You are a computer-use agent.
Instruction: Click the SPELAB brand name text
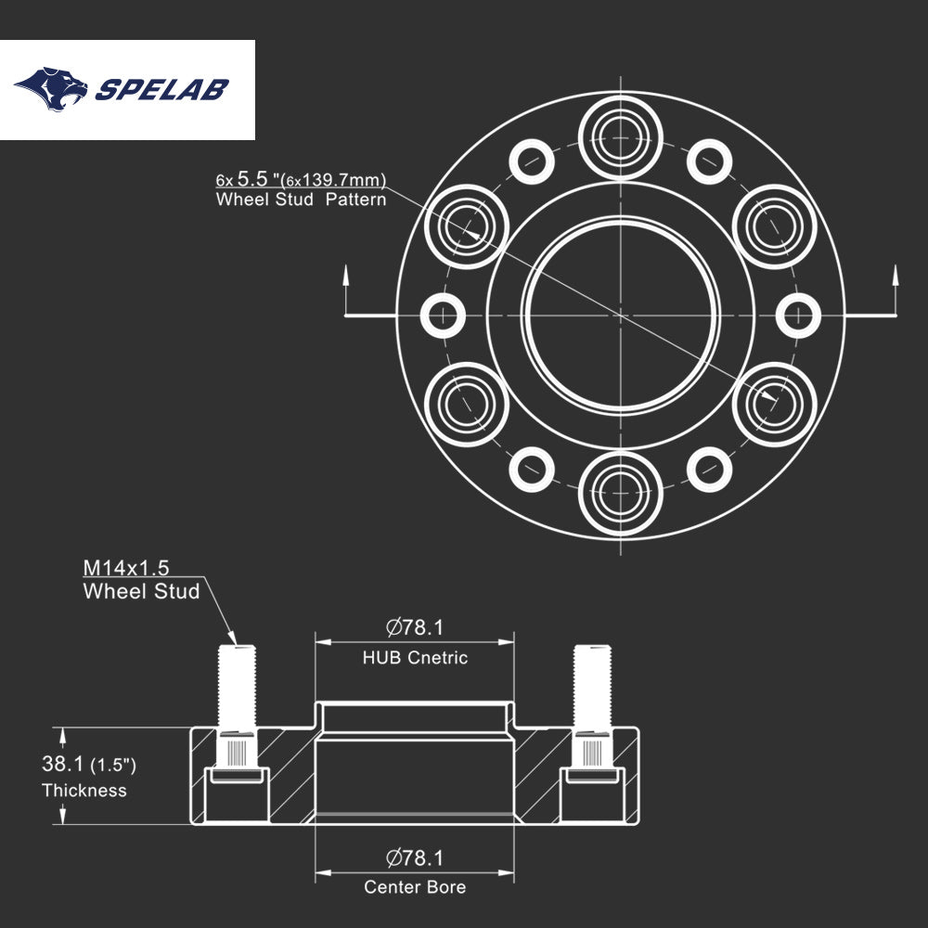(162, 90)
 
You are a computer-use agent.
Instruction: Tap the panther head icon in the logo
(52, 88)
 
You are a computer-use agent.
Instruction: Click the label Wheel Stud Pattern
(301, 200)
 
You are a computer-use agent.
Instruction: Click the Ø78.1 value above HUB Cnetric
(415, 628)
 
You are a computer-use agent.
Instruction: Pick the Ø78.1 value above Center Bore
(415, 858)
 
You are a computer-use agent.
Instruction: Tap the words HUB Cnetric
(415, 658)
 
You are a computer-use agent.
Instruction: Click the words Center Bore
(415, 887)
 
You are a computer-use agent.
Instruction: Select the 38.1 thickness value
(62, 765)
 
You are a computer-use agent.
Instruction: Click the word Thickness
(84, 792)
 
